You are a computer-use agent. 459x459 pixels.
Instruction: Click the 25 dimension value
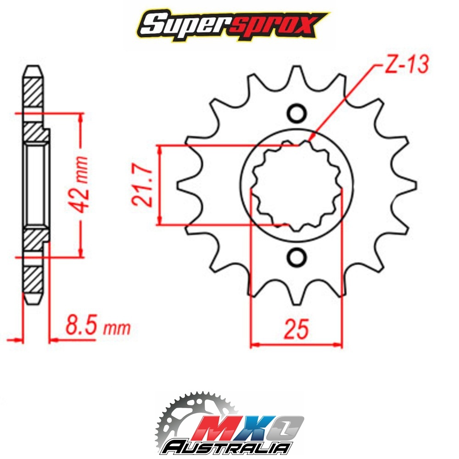point(296,329)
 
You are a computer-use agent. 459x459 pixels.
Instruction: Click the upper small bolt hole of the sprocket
point(297,113)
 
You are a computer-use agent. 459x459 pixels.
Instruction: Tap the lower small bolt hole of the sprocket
point(297,257)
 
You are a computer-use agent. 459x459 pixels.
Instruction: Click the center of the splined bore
point(297,185)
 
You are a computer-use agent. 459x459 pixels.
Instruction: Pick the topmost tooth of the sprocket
point(297,77)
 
